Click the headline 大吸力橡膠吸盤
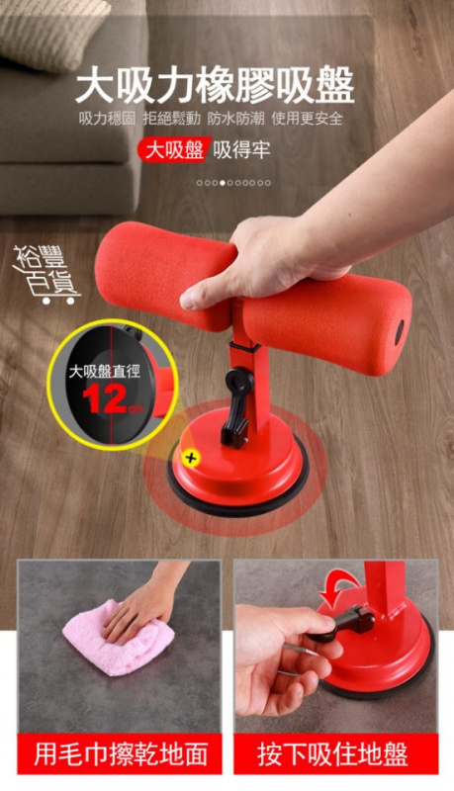click(x=216, y=86)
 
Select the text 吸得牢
click(x=241, y=150)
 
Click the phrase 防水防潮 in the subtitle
click(x=235, y=119)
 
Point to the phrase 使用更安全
click(x=308, y=119)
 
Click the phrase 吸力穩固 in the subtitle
click(x=108, y=119)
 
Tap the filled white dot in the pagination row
click(x=223, y=183)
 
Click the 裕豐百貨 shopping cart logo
click(x=45, y=276)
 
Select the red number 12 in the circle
click(x=104, y=399)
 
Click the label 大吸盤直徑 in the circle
click(x=105, y=372)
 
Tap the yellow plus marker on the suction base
click(x=191, y=458)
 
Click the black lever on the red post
click(x=235, y=407)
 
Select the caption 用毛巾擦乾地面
click(x=121, y=754)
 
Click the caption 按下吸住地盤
click(x=332, y=754)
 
